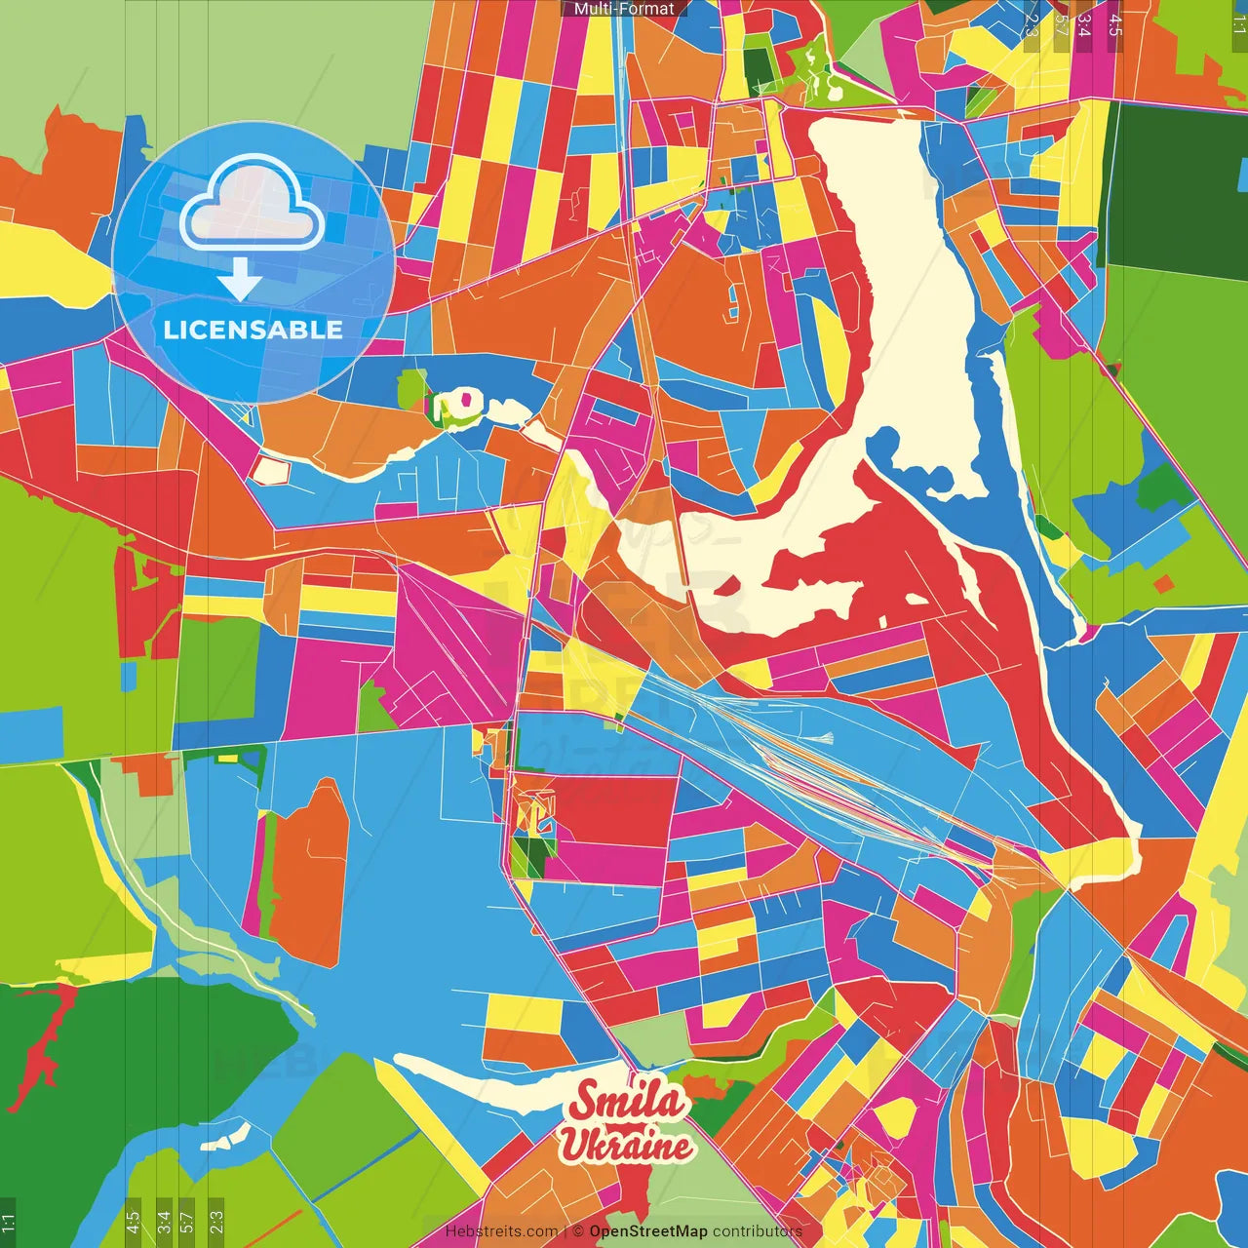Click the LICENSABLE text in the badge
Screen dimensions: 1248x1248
click(253, 330)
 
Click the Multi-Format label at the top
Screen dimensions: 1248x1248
click(624, 9)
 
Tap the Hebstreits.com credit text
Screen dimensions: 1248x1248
click(501, 1231)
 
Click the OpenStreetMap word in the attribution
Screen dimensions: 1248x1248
click(648, 1231)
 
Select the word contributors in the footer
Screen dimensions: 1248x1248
click(758, 1231)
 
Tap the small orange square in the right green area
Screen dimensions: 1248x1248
click(1163, 583)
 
